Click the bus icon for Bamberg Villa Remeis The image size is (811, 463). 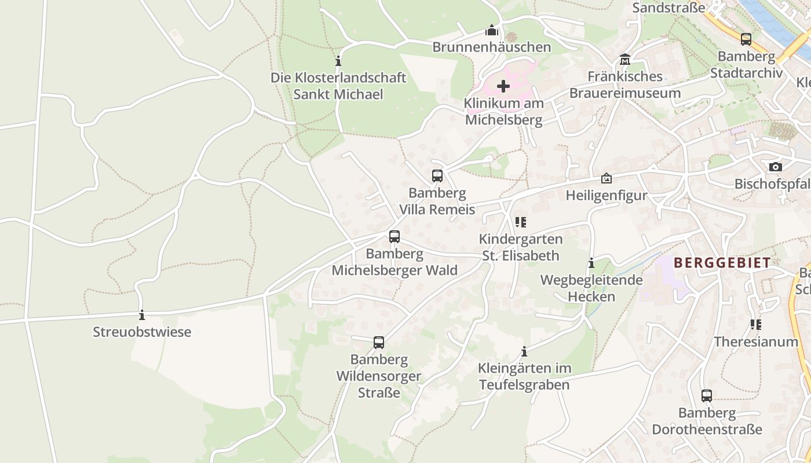(x=437, y=176)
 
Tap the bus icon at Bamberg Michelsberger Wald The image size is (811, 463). (x=394, y=237)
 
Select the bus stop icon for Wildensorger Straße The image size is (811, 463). (x=379, y=343)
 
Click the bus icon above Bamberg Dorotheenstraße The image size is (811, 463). (x=707, y=396)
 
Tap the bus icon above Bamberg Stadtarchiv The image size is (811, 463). (x=746, y=39)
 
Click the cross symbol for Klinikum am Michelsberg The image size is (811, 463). (x=503, y=86)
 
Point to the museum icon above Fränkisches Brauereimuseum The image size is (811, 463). (x=625, y=60)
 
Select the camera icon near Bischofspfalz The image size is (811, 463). (x=775, y=167)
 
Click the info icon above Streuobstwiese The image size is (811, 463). (x=142, y=315)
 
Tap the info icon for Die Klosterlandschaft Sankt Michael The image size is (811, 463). (x=338, y=61)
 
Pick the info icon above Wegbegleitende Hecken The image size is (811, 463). (x=591, y=263)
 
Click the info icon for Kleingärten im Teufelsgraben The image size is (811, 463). (x=524, y=351)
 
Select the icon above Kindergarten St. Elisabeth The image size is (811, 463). (x=521, y=222)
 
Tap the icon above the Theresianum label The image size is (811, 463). (x=756, y=325)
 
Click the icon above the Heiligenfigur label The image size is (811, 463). (x=607, y=178)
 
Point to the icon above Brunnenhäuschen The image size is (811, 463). (x=492, y=30)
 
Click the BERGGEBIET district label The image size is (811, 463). (x=722, y=263)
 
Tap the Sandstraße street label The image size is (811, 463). (x=668, y=8)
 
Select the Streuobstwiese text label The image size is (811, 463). (x=142, y=332)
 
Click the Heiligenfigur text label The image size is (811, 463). (x=607, y=196)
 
